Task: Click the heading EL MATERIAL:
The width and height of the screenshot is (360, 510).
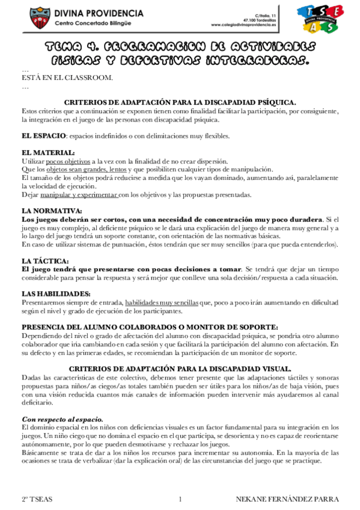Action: pyautogui.click(x=48, y=153)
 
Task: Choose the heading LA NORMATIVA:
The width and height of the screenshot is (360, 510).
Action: pyautogui.click(x=51, y=211)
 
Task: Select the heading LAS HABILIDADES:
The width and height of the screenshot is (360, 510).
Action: pyautogui.click(x=56, y=293)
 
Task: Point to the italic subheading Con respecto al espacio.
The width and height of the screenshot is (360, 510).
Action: pyautogui.click(x=63, y=419)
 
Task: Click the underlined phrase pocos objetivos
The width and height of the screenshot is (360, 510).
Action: pyautogui.click(x=67, y=161)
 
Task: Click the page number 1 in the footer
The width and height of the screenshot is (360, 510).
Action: pyautogui.click(x=180, y=500)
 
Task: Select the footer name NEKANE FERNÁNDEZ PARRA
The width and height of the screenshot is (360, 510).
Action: pyautogui.click(x=288, y=500)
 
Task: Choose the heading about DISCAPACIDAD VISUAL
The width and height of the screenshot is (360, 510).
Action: pyautogui.click(x=180, y=368)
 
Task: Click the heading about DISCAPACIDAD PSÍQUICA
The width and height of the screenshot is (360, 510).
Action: pyautogui.click(x=180, y=103)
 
